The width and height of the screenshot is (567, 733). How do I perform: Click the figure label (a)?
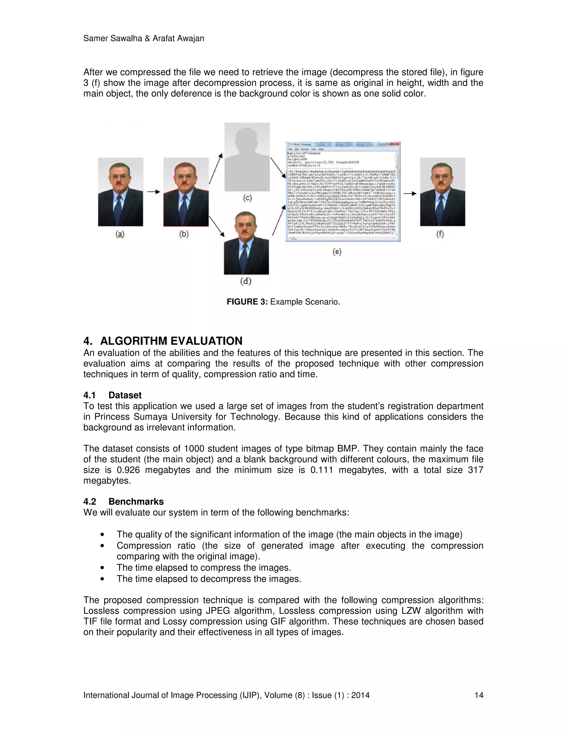click(120, 234)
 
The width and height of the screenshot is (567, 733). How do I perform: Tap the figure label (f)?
click(440, 234)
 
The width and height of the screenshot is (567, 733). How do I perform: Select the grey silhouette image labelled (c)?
click(247, 157)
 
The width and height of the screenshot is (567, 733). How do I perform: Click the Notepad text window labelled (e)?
click(343, 192)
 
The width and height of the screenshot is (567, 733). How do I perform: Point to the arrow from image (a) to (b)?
click(153, 192)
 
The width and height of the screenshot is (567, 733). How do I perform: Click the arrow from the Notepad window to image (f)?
click(410, 193)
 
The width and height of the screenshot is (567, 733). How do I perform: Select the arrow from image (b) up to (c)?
click(216, 168)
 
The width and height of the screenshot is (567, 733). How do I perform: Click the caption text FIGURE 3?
click(247, 302)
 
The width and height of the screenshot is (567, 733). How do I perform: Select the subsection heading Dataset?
click(125, 395)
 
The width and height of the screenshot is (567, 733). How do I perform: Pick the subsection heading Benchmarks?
click(136, 501)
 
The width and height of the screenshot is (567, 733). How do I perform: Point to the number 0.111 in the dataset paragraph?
click(321, 470)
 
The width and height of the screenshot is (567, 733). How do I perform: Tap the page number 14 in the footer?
click(479, 695)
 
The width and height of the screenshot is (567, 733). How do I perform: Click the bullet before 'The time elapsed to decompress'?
click(102, 579)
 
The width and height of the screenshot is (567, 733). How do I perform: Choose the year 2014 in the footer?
click(360, 695)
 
